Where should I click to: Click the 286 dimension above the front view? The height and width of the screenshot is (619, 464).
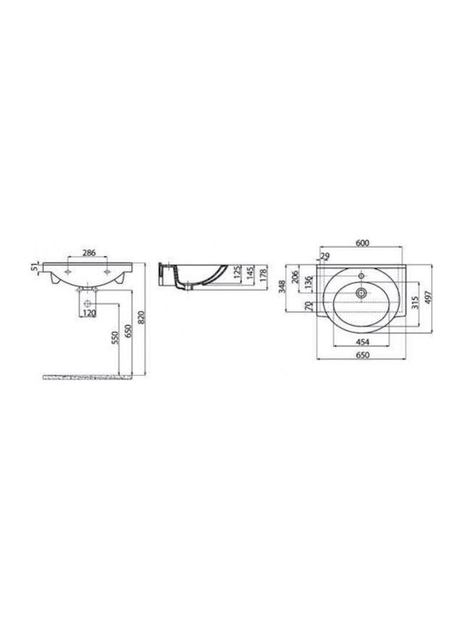89,253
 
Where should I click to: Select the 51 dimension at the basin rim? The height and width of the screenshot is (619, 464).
34,267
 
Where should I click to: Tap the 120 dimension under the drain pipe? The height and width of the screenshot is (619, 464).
89,314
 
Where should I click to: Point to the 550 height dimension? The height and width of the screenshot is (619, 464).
114,338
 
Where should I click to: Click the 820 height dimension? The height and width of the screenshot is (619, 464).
142,318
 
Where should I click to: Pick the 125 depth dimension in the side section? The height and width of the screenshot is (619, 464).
237,273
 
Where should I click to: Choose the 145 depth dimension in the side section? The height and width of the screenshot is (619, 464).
251,273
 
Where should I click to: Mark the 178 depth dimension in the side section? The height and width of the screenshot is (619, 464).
265,273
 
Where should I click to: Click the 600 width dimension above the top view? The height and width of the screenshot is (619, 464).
363,243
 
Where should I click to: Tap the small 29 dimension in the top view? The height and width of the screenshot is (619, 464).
325,256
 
